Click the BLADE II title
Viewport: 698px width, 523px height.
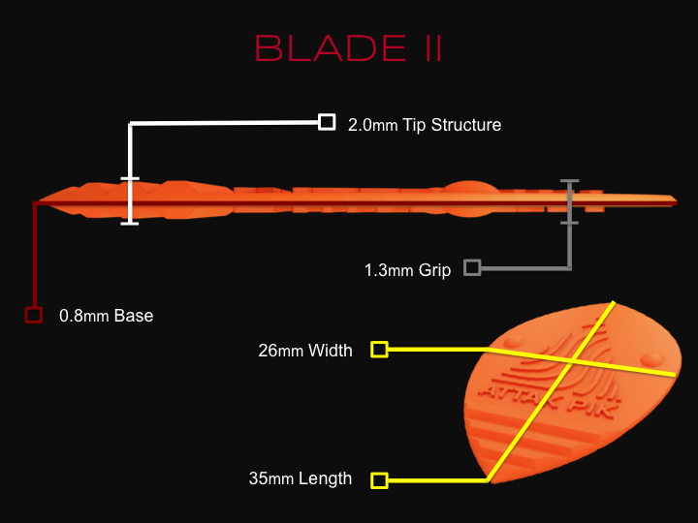(x=349, y=48)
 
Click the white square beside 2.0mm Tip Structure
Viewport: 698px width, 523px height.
(x=327, y=122)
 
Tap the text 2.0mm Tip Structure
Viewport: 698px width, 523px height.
(x=425, y=125)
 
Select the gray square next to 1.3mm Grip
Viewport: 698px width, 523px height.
(x=472, y=267)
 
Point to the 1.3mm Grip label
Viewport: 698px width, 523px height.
(x=407, y=270)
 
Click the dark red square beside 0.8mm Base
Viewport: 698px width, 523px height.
(x=34, y=315)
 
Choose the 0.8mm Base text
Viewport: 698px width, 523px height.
(x=106, y=316)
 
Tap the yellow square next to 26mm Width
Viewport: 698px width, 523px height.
(x=379, y=350)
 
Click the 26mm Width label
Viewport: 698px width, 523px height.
(x=305, y=351)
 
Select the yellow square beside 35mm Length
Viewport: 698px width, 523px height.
(x=379, y=480)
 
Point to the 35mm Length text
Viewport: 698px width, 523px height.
(x=301, y=478)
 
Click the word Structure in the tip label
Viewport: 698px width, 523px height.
(x=466, y=125)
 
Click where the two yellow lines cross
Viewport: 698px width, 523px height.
(x=572, y=361)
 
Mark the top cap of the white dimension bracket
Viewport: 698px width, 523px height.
(x=130, y=179)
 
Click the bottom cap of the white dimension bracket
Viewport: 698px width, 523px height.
(x=130, y=224)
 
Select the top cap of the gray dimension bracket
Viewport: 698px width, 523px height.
(x=569, y=181)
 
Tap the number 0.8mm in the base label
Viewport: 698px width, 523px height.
(x=83, y=316)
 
